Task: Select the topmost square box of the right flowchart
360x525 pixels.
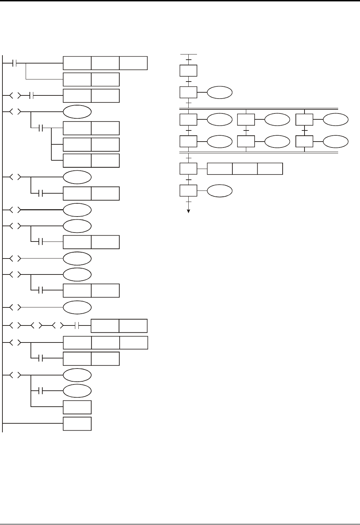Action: point(188,70)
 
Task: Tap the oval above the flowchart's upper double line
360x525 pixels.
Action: point(220,93)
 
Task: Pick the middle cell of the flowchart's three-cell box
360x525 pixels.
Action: point(245,169)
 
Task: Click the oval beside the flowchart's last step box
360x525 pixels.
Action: point(220,190)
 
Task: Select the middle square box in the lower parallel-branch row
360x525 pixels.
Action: point(246,142)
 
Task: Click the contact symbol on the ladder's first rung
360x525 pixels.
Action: point(15,63)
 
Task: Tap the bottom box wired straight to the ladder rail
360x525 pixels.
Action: point(77,424)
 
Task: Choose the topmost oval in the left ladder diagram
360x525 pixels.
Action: point(77,112)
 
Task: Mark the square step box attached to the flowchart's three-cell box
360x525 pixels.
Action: point(188,169)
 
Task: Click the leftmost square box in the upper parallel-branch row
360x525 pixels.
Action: point(188,120)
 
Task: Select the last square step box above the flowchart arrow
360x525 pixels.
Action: point(188,190)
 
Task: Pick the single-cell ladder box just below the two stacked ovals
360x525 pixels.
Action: point(77,407)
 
